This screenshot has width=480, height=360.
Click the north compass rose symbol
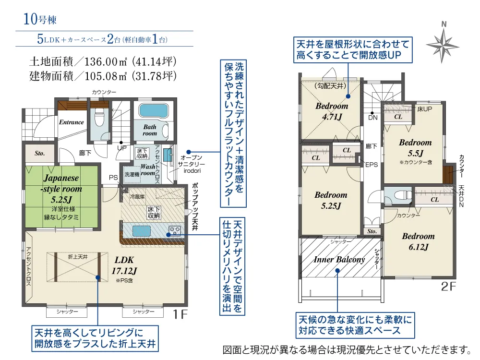[444, 44]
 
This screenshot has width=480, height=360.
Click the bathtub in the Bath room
[153, 111]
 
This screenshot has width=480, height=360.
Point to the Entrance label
[72, 122]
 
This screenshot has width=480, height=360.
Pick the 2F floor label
[448, 288]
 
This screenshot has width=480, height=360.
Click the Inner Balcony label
[339, 260]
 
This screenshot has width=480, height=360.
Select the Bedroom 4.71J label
[332, 111]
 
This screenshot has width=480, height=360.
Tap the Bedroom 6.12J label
[418, 241]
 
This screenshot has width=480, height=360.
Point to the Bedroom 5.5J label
[415, 148]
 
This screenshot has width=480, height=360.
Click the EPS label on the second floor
[372, 165]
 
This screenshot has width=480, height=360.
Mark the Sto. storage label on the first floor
[40, 154]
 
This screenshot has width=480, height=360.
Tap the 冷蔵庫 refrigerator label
[136, 197]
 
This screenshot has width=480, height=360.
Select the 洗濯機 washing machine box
[132, 174]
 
